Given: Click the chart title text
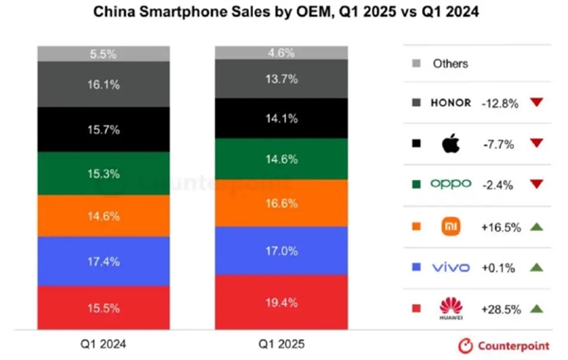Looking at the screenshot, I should pos(283,14).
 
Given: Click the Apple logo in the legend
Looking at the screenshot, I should pos(451,144).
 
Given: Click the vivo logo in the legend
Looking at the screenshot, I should pos(451,268).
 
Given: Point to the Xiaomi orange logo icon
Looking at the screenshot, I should pos(451,226).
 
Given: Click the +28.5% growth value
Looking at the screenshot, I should pos(501,309).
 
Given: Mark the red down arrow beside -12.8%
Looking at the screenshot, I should pos(537,103).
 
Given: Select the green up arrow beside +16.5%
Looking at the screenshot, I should pos(537,226).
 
